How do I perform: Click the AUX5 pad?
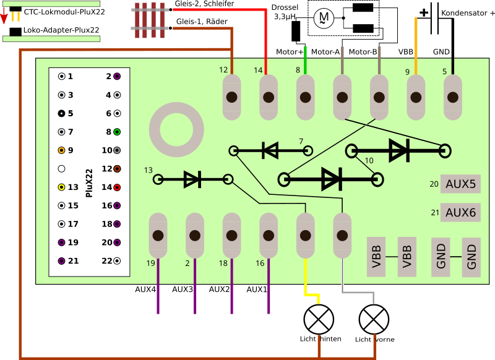pyautogui.click(x=460, y=184)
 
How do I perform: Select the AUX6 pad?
pyautogui.click(x=460, y=212)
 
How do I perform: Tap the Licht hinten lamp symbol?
pyautogui.click(x=318, y=320)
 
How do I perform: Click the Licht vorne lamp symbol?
pyautogui.click(x=374, y=320)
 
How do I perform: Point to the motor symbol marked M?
pyautogui.click(x=322, y=19)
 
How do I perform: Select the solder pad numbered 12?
pyautogui.click(x=231, y=97)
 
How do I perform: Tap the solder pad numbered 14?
pyautogui.click(x=268, y=97)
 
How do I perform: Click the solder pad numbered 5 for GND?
pyautogui.click(x=452, y=97)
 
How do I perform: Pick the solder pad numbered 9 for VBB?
pyautogui.click(x=415, y=97)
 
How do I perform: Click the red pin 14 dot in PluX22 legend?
pyautogui.click(x=116, y=187)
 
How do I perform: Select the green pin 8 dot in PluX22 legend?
pyautogui.click(x=116, y=132)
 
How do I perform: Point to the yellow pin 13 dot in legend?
pyautogui.click(x=61, y=187)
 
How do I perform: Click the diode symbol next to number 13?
pyautogui.click(x=192, y=179)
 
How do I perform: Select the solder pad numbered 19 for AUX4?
pyautogui.click(x=158, y=236)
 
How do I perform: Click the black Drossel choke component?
pyautogui.click(x=296, y=31)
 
